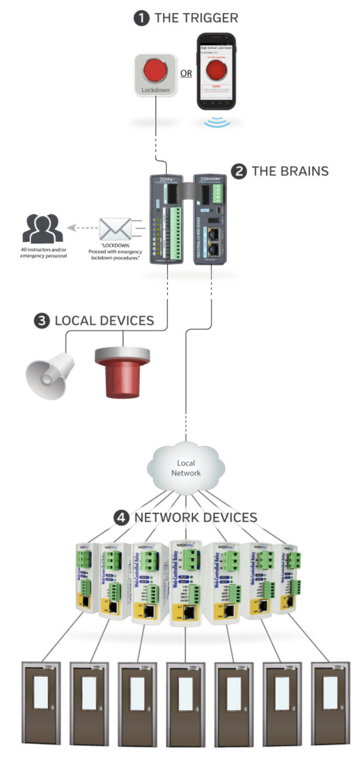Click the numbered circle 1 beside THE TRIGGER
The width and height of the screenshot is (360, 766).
[x=141, y=18]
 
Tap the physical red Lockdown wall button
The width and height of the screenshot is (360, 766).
[x=156, y=72]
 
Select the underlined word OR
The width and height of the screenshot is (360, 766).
[x=186, y=74]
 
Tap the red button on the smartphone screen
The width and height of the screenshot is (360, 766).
[x=216, y=70]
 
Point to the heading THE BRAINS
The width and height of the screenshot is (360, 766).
[x=290, y=171]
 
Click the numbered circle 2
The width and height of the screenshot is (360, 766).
[x=239, y=171]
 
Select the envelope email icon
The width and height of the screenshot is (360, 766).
[x=115, y=229]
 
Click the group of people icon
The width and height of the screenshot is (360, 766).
[x=43, y=229]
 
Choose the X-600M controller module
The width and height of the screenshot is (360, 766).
[x=210, y=219]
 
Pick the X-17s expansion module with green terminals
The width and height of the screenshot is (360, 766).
[x=166, y=219]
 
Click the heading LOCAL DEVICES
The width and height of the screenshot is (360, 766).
[x=104, y=321]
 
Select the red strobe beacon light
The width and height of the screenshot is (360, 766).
[x=122, y=372]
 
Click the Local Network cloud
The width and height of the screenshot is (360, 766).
[x=186, y=468]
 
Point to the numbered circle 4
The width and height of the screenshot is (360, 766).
[x=121, y=518]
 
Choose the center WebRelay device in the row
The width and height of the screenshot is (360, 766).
[x=186, y=583]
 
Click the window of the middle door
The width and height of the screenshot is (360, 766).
[x=186, y=693]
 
